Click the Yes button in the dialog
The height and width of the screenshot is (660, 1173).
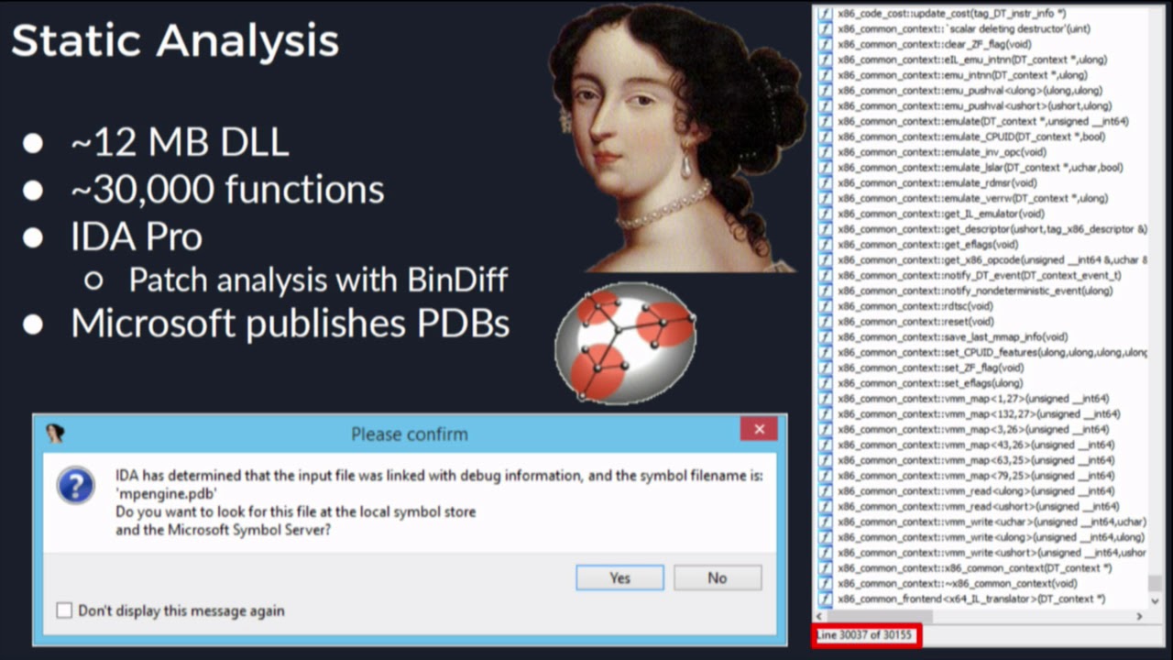[x=619, y=577]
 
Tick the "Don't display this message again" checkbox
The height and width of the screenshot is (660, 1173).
[x=64, y=610]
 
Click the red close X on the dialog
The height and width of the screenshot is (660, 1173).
[x=759, y=429]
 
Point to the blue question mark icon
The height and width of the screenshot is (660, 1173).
[x=75, y=485]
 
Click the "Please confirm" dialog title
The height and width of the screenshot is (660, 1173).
[x=409, y=434]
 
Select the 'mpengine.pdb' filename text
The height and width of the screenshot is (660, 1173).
[x=166, y=493]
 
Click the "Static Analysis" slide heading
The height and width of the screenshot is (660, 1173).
[x=175, y=41]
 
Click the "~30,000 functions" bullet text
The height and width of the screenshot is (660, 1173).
[x=227, y=190]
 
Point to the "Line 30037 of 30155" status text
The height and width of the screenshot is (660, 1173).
[x=865, y=635]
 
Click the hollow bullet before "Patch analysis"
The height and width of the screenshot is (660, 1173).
[x=93, y=280]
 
